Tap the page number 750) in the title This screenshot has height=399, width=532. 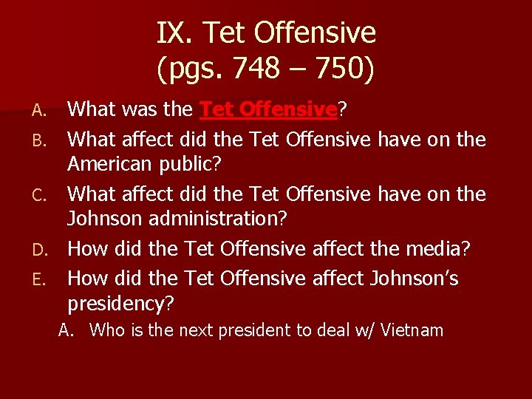(x=347, y=69)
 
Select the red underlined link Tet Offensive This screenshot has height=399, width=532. (x=269, y=110)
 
